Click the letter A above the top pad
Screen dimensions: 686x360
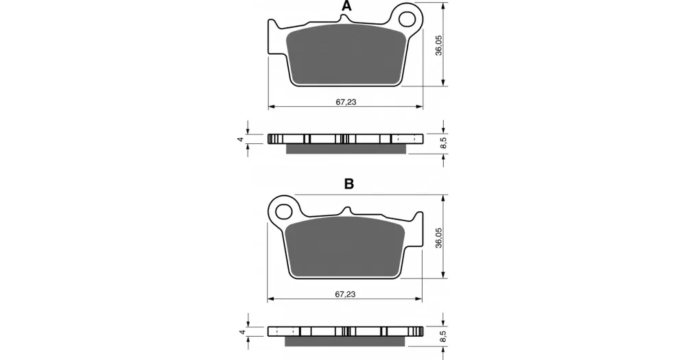click(346, 6)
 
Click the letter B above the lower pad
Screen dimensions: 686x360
click(348, 184)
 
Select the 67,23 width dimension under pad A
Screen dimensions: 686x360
click(346, 102)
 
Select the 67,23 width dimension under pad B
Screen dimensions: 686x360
click(345, 294)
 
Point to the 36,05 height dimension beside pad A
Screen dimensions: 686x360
click(439, 45)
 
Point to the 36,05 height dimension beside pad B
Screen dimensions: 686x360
click(439, 238)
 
